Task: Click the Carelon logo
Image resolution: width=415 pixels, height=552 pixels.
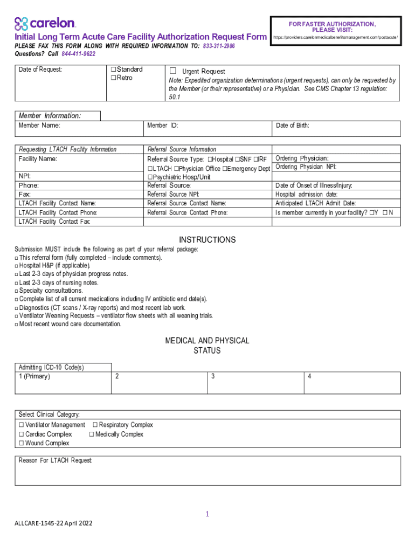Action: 45,23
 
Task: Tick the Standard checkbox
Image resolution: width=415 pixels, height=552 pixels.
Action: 113,70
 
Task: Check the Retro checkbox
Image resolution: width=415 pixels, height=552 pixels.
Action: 113,78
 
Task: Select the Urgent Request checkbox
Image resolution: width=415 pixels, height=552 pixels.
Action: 173,71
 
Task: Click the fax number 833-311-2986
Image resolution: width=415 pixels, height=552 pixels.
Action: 219,46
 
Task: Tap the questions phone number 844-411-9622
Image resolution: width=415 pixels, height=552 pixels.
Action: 78,54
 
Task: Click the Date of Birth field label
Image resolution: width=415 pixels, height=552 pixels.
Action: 292,126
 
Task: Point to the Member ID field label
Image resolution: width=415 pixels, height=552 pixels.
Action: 163,126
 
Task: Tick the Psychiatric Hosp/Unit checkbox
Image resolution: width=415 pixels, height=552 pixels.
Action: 150,177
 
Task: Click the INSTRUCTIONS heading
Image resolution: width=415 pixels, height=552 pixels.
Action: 207,240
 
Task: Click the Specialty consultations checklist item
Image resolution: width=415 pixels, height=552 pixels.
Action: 51,291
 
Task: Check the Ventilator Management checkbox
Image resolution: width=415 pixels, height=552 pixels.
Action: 22,425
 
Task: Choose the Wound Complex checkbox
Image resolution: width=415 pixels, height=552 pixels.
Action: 22,443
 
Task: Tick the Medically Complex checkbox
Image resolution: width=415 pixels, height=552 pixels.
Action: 92,434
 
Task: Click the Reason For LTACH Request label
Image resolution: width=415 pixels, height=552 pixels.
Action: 56,460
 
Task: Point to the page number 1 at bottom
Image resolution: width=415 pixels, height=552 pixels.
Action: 207,514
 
